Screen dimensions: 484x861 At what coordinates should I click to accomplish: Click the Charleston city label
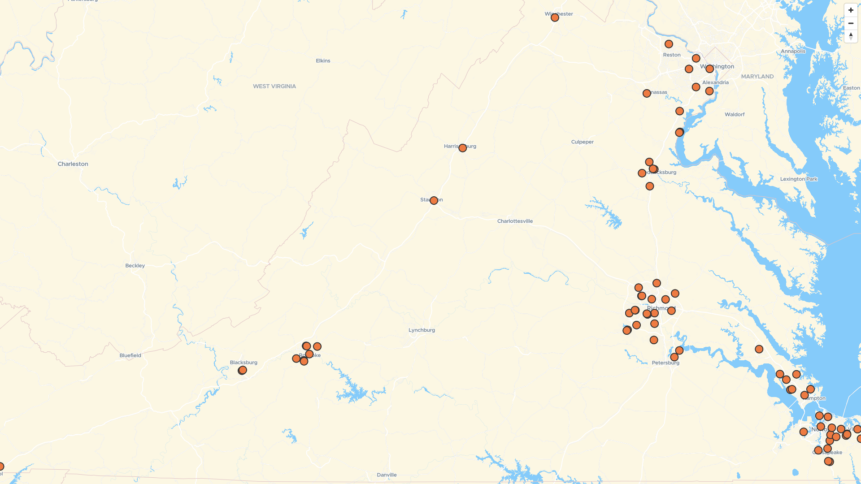pyautogui.click(x=73, y=164)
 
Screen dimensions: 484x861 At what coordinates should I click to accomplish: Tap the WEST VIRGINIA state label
pyautogui.click(x=274, y=86)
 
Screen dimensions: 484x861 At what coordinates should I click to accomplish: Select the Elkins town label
pyautogui.click(x=323, y=61)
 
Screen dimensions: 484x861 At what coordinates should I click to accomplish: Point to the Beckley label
pyautogui.click(x=135, y=266)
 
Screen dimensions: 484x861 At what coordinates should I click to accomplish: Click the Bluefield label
pyautogui.click(x=130, y=356)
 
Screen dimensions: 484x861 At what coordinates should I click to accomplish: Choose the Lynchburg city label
pyautogui.click(x=422, y=330)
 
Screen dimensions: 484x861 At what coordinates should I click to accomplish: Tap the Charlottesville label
pyautogui.click(x=515, y=221)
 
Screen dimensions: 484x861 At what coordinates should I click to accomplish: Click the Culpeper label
pyautogui.click(x=582, y=142)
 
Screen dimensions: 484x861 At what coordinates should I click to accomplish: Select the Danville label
pyautogui.click(x=387, y=475)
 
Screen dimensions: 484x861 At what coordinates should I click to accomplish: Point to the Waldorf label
pyautogui.click(x=734, y=115)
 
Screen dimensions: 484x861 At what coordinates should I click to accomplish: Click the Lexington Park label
pyautogui.click(x=798, y=179)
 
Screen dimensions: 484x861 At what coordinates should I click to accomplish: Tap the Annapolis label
pyautogui.click(x=793, y=51)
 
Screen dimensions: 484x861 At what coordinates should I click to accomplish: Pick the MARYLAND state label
pyautogui.click(x=757, y=77)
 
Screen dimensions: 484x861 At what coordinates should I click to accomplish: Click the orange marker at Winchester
pyautogui.click(x=555, y=18)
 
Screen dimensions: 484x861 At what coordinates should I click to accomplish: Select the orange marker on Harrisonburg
pyautogui.click(x=462, y=148)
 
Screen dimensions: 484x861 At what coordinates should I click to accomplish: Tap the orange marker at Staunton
pyautogui.click(x=434, y=201)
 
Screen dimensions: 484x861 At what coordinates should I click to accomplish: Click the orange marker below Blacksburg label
pyautogui.click(x=242, y=371)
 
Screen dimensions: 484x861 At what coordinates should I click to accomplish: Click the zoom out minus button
pyautogui.click(x=851, y=23)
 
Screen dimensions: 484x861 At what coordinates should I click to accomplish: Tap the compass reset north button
pyautogui.click(x=851, y=36)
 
